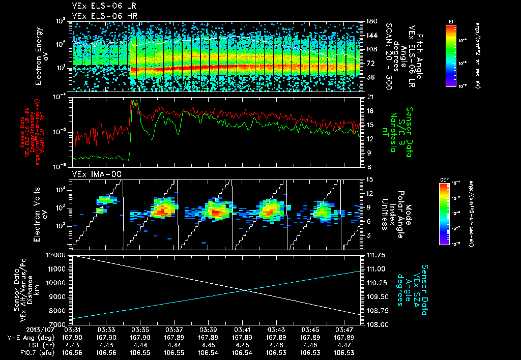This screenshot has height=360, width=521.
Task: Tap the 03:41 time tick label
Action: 242,329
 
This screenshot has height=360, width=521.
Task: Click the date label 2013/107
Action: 22,329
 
